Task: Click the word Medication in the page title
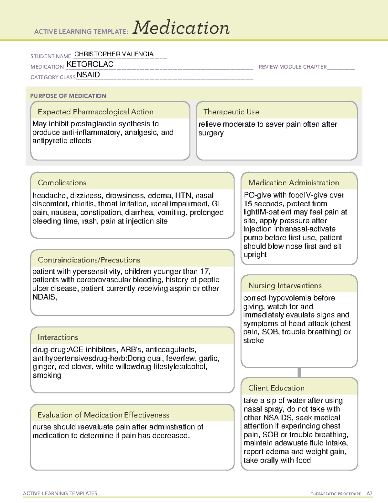point(181,28)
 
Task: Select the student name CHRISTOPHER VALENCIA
point(114,54)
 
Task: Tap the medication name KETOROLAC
point(90,64)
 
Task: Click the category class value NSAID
point(88,75)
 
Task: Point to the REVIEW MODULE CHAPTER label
point(292,67)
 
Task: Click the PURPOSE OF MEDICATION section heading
point(68,96)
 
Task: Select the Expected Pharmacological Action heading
point(95,112)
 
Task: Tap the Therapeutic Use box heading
point(231,112)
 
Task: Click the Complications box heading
point(62,183)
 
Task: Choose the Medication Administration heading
point(293,183)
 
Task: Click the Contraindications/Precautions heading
point(89,260)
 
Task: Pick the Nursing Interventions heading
point(285,285)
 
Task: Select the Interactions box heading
point(58,337)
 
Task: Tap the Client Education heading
point(276,388)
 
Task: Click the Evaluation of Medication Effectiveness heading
point(103,415)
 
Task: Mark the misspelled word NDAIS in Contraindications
point(44,297)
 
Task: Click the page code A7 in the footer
point(369,494)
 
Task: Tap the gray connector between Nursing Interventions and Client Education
point(299,372)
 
